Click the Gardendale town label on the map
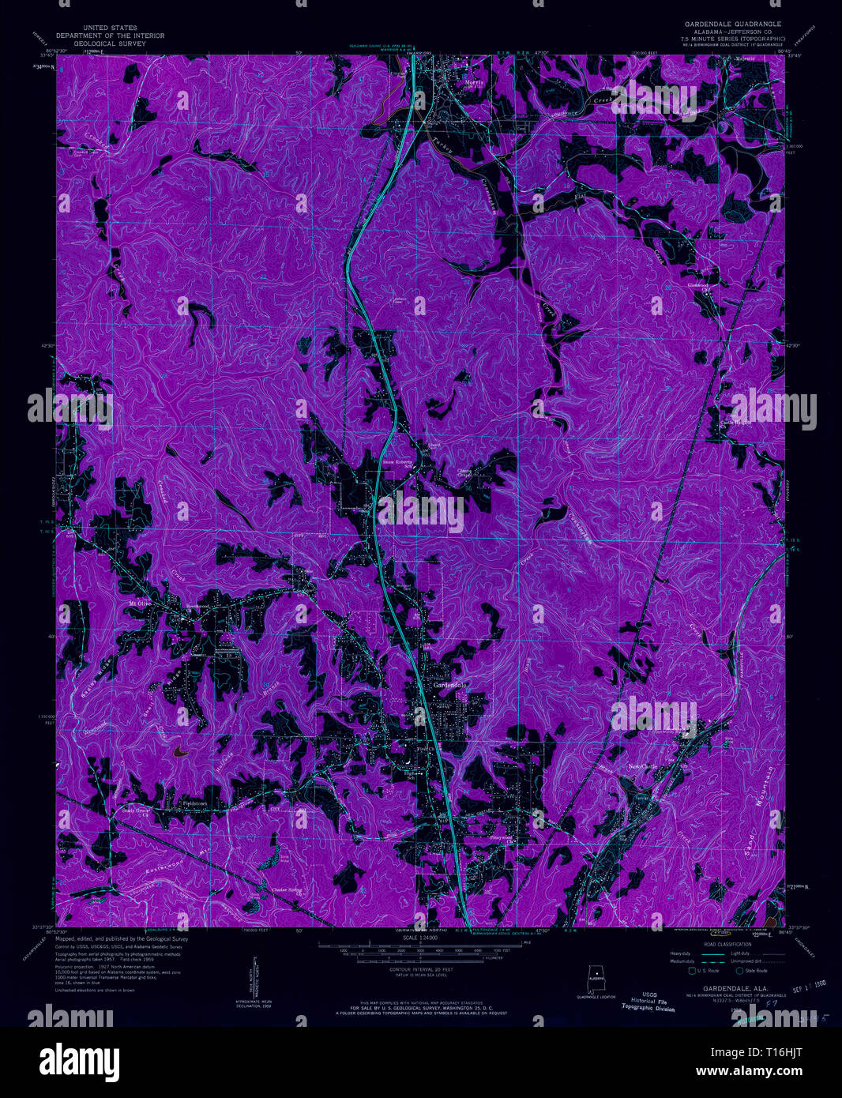pos(450,685)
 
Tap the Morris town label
pos(473,82)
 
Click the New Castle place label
pos(642,766)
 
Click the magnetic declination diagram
pos(254,980)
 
